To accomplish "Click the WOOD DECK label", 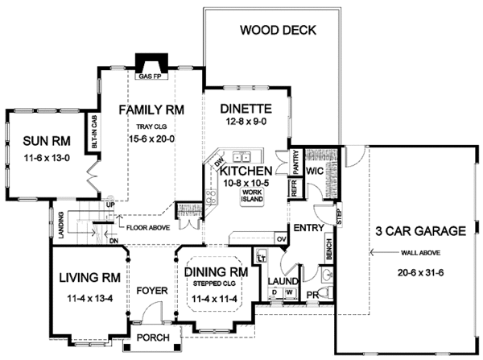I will coord(279,31).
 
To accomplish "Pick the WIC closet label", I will coord(315,172).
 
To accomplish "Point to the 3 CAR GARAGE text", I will coord(421,231).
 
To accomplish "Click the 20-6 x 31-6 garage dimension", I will coord(420,272).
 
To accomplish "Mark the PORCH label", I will coord(151,337).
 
